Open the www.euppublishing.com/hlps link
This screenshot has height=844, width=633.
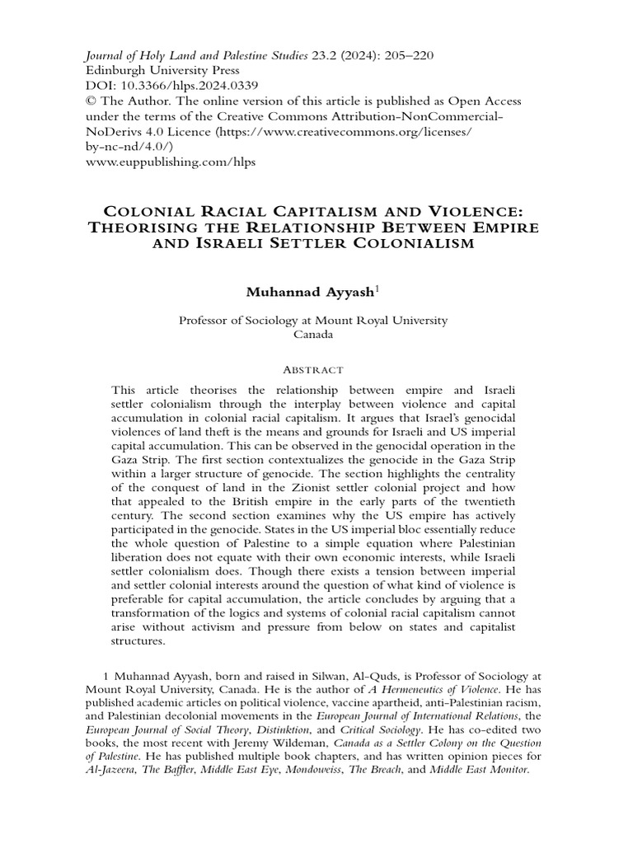pyautogui.click(x=171, y=162)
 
